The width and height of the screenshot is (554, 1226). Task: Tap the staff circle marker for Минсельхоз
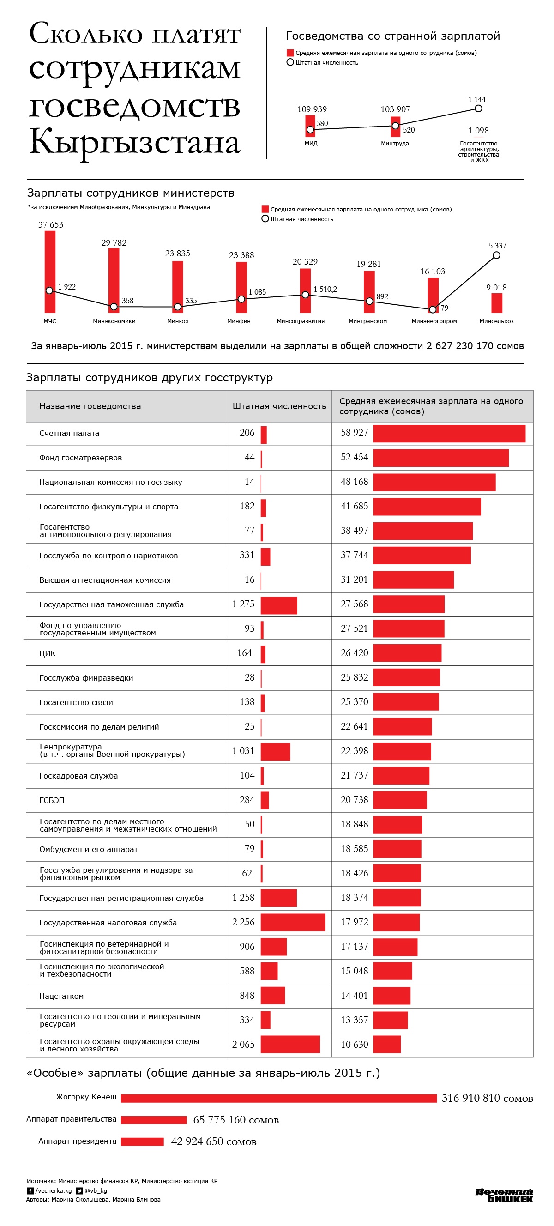pos(496,255)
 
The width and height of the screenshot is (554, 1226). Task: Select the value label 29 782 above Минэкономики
pos(114,243)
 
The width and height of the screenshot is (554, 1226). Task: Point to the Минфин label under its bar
pos(239,321)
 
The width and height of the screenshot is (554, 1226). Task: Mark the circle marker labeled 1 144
pos(478,109)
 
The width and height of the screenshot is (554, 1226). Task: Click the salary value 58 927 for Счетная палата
pos(354,433)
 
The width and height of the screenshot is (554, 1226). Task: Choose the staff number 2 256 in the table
pos(243,922)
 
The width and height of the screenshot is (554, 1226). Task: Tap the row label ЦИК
pos(48,653)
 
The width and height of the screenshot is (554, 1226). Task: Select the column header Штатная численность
pos(279,406)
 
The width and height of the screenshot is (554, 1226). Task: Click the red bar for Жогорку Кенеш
pos(278,1099)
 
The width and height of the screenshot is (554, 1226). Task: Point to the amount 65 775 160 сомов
pos(235,1120)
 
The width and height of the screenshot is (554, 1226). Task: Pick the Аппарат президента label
pos(77,1141)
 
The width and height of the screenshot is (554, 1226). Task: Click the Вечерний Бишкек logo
pos(504,1195)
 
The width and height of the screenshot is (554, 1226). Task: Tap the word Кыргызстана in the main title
pos(135,142)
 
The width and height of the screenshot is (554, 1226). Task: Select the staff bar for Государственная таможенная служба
pos(279,605)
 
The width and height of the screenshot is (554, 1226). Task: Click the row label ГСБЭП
pos(51,801)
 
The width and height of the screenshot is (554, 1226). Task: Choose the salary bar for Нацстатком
pos(391,996)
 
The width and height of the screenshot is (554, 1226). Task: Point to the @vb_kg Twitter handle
pos(96,1191)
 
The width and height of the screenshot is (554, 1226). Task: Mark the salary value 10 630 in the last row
pos(354,1045)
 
